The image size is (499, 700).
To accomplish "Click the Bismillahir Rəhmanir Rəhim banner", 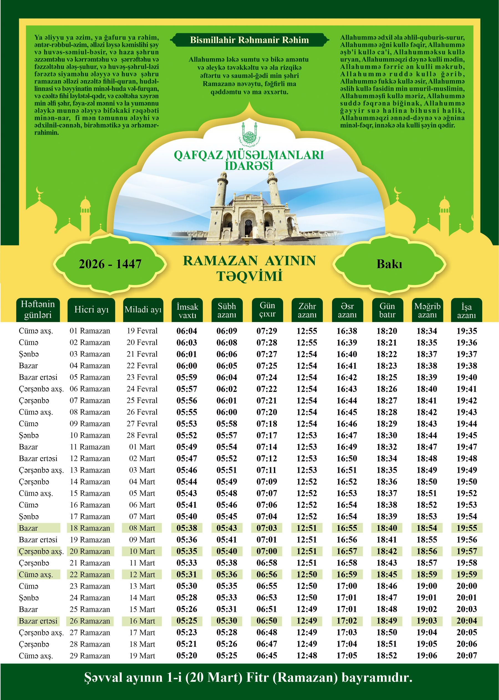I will click(x=249, y=40).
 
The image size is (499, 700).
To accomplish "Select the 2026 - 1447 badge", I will click(x=110, y=264).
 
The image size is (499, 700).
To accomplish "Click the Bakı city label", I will click(x=389, y=264).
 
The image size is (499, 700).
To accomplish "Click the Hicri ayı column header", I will click(x=91, y=310).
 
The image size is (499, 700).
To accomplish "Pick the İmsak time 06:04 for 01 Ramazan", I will click(x=187, y=331).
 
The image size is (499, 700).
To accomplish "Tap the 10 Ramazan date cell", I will click(x=90, y=435).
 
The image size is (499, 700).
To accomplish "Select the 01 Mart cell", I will click(x=142, y=447).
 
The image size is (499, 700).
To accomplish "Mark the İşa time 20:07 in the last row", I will click(x=467, y=656).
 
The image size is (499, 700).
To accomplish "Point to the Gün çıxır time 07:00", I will click(x=267, y=551).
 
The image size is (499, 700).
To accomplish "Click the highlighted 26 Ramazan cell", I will click(x=90, y=621).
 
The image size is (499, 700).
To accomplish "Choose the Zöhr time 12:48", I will click(x=307, y=656).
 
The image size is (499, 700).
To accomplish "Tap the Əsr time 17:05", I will click(x=347, y=656).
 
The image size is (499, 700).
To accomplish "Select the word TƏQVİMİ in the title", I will click(x=249, y=276).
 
